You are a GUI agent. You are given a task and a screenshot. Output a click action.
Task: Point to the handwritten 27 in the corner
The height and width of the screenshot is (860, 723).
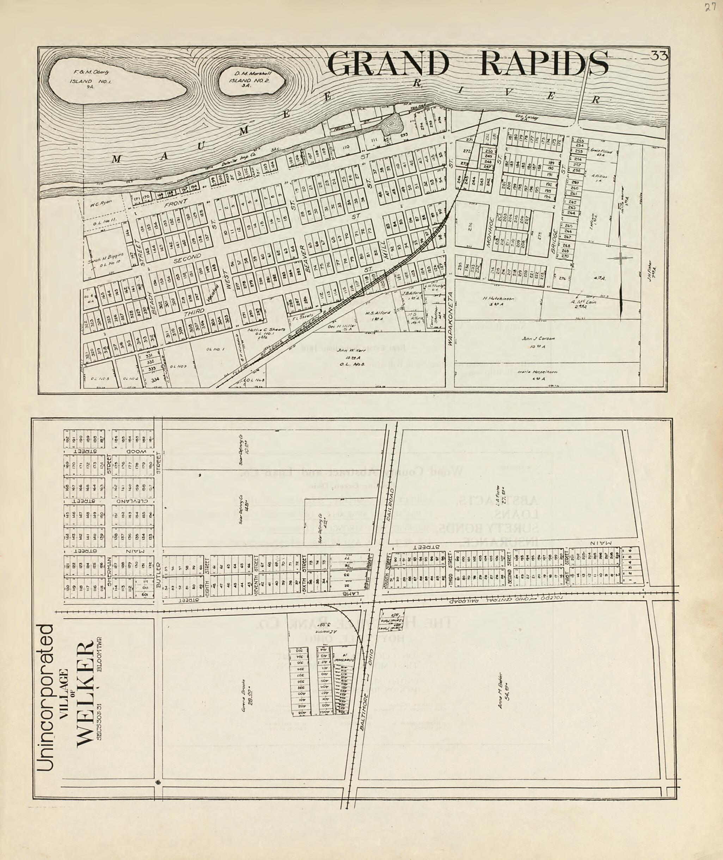(x=710, y=8)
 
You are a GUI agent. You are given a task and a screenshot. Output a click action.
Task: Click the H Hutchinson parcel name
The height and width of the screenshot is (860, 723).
(x=498, y=299)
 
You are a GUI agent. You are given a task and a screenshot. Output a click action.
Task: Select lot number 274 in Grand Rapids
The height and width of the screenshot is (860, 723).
(x=471, y=227)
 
